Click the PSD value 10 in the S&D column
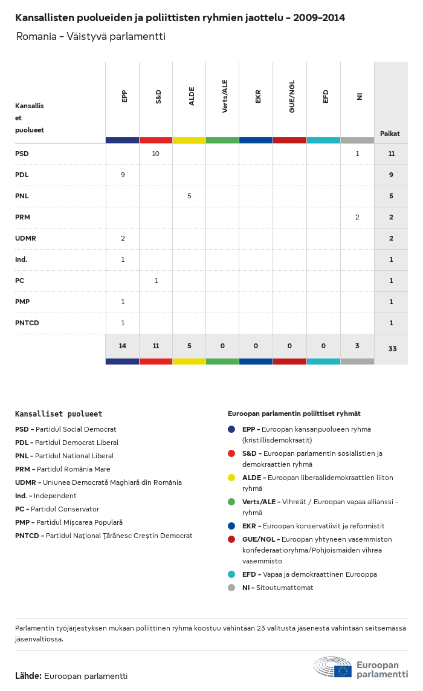point(155,154)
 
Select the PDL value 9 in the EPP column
point(123,175)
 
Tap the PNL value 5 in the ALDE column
point(189,196)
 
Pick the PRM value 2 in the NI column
point(357,217)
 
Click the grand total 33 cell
point(392,349)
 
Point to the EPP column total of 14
point(123,346)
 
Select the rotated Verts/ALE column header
point(225,96)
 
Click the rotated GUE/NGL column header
point(292,97)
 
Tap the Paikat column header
point(390,134)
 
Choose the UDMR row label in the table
point(25,238)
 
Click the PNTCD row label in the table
point(27,323)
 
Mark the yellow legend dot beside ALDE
point(231,478)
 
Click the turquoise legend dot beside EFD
point(231,574)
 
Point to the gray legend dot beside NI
point(231,588)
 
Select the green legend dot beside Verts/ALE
point(231,502)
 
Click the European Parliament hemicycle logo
point(333,667)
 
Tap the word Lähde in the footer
point(28,675)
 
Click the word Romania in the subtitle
point(37,36)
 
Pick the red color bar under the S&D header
point(156,140)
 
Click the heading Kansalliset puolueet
point(59,414)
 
